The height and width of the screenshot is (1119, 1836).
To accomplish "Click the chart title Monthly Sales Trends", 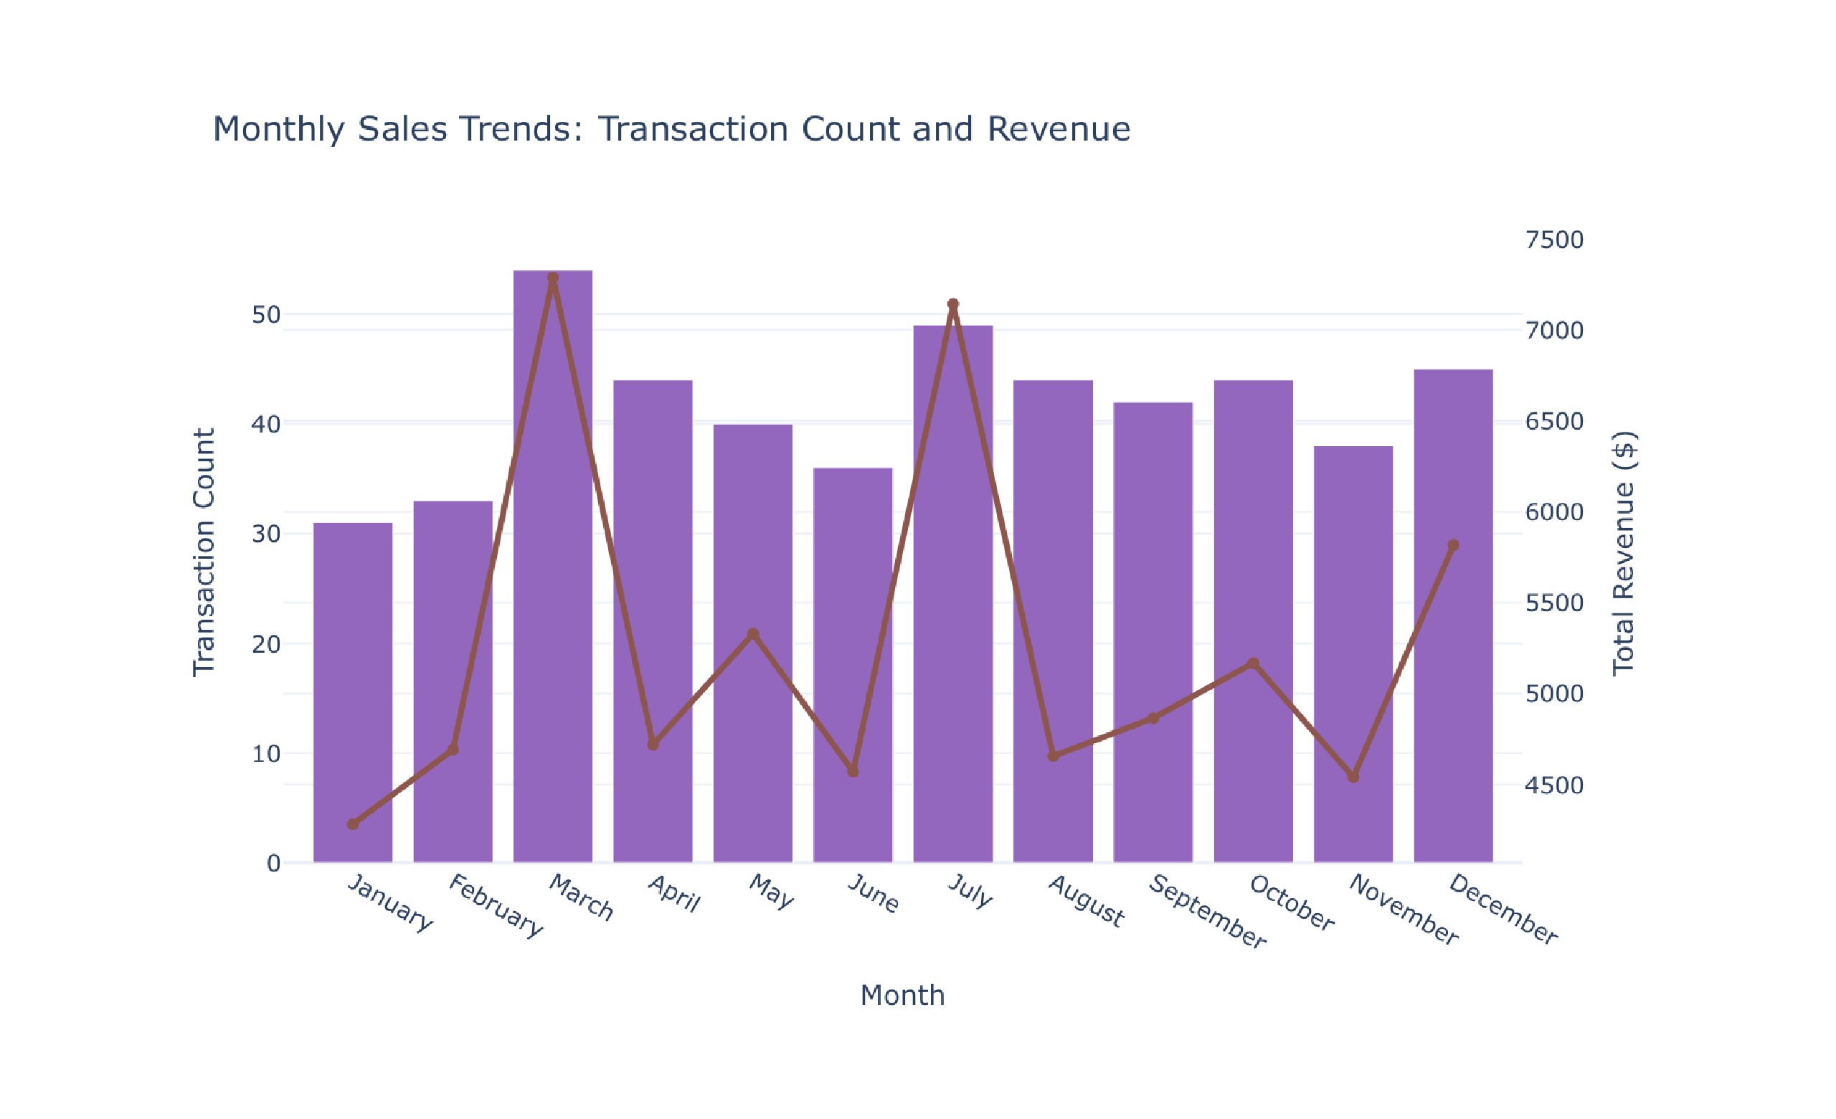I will [x=671, y=129].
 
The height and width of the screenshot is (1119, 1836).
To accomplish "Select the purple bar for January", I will [x=352, y=693].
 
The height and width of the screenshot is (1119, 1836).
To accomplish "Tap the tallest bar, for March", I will [x=553, y=566].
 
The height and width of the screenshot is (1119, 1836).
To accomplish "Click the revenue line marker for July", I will [x=953, y=304].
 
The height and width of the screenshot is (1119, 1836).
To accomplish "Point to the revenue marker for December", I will [x=1453, y=545].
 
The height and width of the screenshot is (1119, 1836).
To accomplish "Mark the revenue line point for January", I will [x=352, y=824].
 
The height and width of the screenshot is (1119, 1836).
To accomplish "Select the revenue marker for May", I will [x=753, y=634].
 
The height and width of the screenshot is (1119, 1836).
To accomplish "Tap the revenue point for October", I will [x=1254, y=663].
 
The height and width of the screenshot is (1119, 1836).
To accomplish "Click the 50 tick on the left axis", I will [x=266, y=314].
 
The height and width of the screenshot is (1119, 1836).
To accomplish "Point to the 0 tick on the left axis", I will [x=273, y=864].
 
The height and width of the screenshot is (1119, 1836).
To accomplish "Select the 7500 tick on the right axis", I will [x=1554, y=240].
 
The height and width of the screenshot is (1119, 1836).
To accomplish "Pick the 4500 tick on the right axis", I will [x=1554, y=785].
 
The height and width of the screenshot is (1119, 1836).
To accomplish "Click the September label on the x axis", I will [x=1207, y=912].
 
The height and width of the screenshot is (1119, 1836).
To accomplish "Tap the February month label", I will [x=496, y=906].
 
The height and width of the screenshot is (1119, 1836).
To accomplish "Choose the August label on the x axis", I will [x=1087, y=902].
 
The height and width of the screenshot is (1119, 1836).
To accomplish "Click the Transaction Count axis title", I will [x=204, y=552].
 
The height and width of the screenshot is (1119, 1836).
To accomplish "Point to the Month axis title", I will [x=902, y=996].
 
